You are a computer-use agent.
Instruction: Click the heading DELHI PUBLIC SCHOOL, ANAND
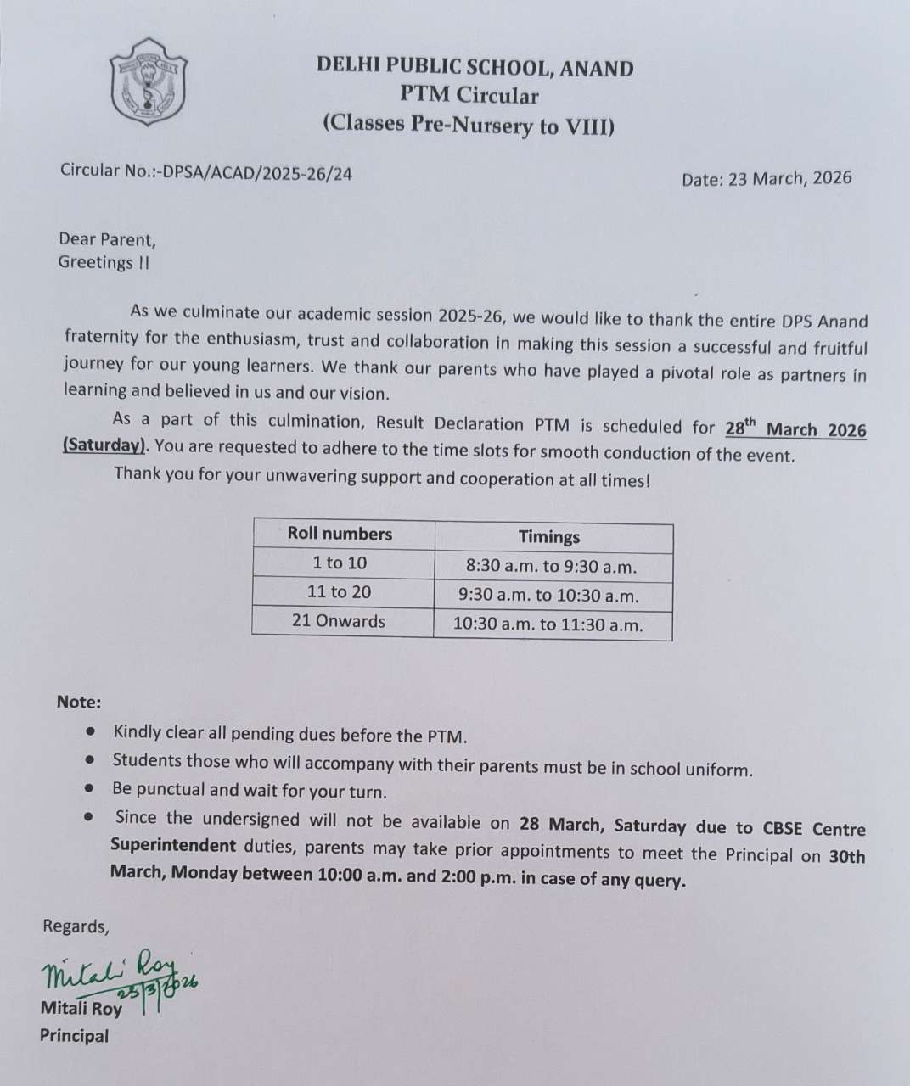coord(475,67)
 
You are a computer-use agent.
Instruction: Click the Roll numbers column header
coord(340,535)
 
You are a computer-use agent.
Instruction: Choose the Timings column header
coord(549,537)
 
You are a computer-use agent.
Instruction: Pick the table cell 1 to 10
coord(340,563)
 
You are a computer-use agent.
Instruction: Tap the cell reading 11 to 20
coord(340,592)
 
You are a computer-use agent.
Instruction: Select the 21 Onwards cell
coord(338,621)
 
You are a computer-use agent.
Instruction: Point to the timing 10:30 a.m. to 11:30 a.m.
coord(548,626)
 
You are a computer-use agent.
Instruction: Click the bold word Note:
coord(79,703)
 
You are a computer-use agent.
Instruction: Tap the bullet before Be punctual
coord(91,788)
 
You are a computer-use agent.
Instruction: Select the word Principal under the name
coord(74,1036)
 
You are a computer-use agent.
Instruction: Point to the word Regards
coord(76,926)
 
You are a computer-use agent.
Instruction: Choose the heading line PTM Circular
coord(469,96)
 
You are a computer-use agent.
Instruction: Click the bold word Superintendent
coord(173,845)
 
